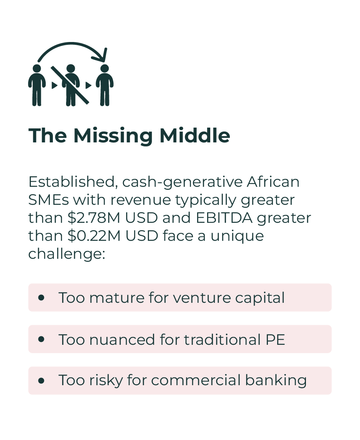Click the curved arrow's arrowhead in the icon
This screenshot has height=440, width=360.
tap(102, 56)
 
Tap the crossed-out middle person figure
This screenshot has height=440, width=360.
tap(70, 85)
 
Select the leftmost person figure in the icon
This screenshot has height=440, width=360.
tap(37, 85)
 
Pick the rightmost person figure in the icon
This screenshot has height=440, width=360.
tap(105, 85)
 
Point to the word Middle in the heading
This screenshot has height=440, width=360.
tap(195, 136)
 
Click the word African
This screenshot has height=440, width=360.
tap(273, 182)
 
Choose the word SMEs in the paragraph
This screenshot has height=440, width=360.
tap(48, 200)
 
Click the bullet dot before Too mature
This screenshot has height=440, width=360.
tap(41, 298)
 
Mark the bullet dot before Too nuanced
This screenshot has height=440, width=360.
tap(41, 339)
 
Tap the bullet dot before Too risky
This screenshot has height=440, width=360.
tap(41, 381)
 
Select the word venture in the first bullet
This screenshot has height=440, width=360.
tap(202, 298)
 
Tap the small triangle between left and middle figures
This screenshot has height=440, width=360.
tap(54, 85)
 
